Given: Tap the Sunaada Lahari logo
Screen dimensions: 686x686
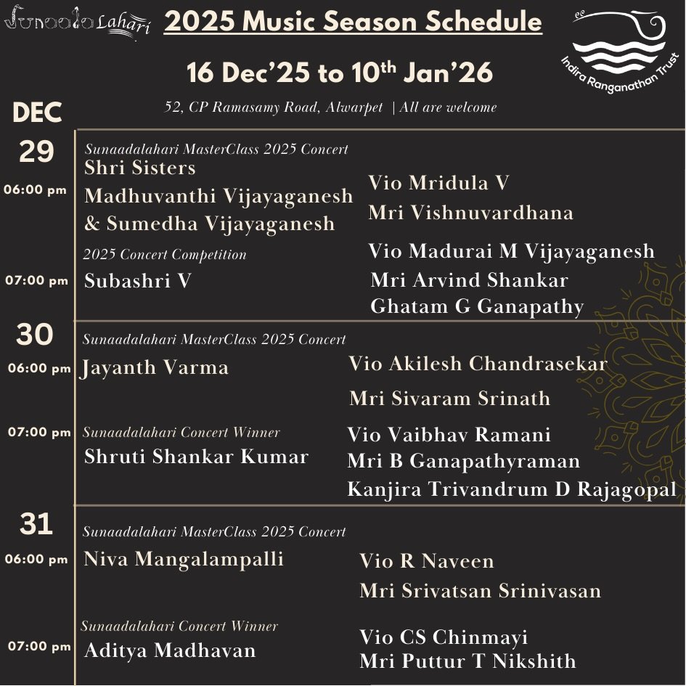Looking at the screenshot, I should pyautogui.click(x=77, y=23).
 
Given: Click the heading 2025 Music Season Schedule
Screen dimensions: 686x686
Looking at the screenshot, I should pyautogui.click(x=353, y=23).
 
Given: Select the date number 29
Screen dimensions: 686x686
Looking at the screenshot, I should pyautogui.click(x=36, y=152).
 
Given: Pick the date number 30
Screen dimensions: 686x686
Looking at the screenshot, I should pyautogui.click(x=35, y=335).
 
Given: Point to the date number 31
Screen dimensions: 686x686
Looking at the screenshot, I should pyautogui.click(x=36, y=523).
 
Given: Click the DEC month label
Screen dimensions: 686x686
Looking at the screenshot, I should pyautogui.click(x=38, y=113).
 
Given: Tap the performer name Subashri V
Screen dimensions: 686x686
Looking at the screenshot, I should pyautogui.click(x=138, y=280).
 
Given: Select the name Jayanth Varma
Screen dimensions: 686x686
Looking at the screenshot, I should pyautogui.click(x=155, y=368).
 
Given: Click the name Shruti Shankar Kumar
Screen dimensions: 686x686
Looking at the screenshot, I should pyautogui.click(x=197, y=457).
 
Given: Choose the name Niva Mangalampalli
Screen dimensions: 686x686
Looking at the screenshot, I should pyautogui.click(x=184, y=559).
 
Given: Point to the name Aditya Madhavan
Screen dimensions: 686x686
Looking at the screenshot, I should pyautogui.click(x=170, y=650).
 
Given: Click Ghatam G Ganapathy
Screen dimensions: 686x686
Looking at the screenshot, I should pyautogui.click(x=477, y=306).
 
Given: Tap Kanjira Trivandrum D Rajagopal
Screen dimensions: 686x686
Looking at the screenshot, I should pyautogui.click(x=512, y=489).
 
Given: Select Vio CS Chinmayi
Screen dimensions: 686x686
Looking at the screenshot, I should pyautogui.click(x=444, y=637).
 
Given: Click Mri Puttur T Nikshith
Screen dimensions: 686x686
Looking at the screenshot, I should pyautogui.click(x=467, y=661).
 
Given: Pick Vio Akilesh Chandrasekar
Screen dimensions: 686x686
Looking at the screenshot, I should pyautogui.click(x=478, y=364).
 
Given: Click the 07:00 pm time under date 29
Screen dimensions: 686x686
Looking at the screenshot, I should pyautogui.click(x=36, y=281).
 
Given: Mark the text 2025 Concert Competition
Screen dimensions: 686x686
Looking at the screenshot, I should pyautogui.click(x=165, y=255).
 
